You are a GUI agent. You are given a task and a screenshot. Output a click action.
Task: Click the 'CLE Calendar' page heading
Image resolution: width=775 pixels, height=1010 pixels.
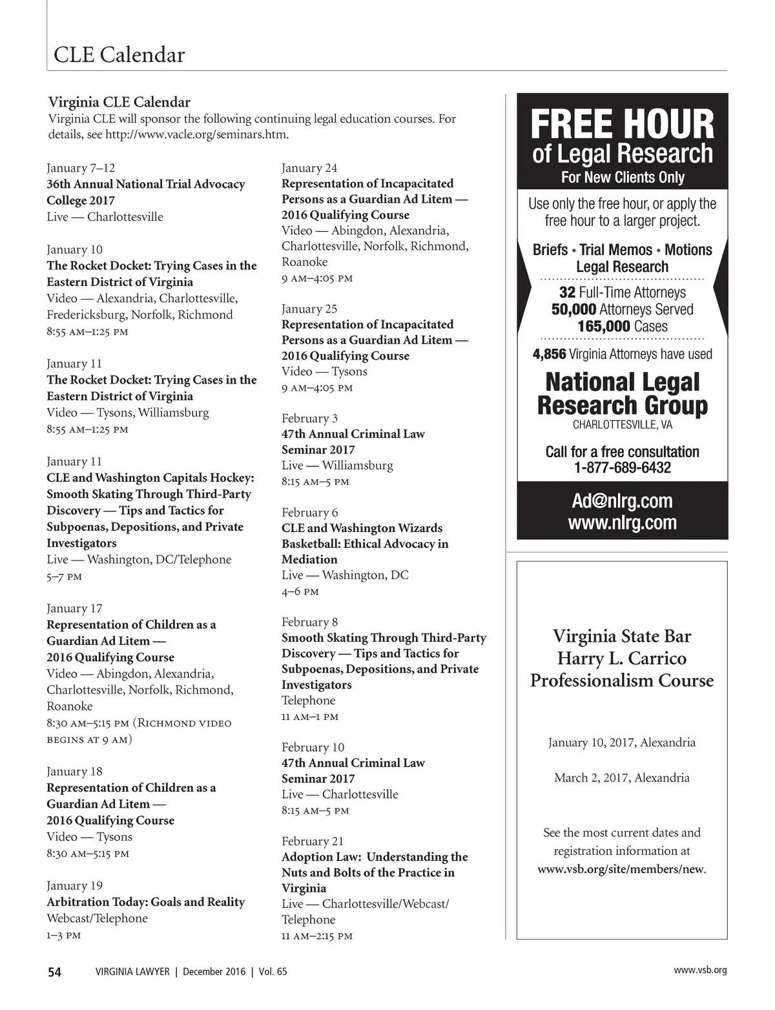pos(119,55)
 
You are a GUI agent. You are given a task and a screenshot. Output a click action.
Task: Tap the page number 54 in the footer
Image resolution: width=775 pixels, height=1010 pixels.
pos(55,971)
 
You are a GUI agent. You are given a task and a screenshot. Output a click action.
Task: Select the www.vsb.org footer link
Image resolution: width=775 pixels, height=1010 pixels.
pos(700,970)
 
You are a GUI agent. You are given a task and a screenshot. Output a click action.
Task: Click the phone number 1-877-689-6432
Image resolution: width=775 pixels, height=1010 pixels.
pos(622,468)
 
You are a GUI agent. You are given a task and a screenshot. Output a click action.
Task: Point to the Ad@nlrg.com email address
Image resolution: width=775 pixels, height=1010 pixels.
pos(622,500)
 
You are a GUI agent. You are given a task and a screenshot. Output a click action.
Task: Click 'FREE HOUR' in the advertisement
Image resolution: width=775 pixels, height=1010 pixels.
pos(622,124)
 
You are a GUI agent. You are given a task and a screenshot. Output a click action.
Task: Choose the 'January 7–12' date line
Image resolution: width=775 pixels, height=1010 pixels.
pos(81,168)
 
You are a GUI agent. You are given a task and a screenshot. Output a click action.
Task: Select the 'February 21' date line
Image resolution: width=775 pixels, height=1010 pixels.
pos(313,841)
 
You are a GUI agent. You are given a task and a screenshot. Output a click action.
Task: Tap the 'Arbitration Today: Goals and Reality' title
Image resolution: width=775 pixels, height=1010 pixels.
pos(145,902)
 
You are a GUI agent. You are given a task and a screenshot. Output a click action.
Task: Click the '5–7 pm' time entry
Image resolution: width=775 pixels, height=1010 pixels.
pos(64,576)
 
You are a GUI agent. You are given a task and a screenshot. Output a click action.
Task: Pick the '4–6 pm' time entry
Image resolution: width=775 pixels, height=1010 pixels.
pos(300,592)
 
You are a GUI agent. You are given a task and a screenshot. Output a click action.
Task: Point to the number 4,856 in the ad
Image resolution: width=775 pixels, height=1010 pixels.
pos(550,354)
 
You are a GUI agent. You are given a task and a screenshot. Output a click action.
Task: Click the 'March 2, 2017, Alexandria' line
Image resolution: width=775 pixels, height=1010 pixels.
pos(622,778)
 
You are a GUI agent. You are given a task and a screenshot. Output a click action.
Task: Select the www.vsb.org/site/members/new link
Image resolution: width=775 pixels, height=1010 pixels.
pos(621,869)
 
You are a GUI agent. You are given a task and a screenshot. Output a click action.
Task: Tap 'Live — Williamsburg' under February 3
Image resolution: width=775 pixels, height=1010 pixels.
pos(337,465)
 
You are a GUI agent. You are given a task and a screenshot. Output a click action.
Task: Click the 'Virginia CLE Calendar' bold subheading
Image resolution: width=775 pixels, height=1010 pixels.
pos(119,102)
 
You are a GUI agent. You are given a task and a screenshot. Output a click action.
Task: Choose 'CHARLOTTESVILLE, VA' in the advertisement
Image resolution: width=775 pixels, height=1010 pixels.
pos(622,425)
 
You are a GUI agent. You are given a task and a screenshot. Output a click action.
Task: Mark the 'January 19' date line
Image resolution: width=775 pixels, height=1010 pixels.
pos(74,885)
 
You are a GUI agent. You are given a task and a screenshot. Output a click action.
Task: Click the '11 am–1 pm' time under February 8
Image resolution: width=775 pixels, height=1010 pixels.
pos(310,717)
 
